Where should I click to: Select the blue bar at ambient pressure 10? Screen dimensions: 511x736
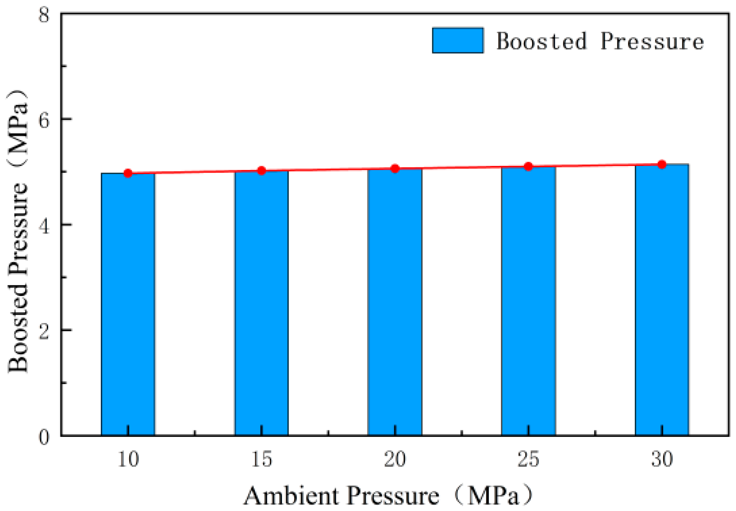pos(128,304)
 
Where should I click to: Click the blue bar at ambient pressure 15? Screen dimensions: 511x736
pos(261,303)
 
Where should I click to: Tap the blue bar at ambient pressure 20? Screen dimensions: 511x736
pos(395,302)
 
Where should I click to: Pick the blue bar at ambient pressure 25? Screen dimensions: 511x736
pos(528,301)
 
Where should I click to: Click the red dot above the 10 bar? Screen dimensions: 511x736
pos(128,173)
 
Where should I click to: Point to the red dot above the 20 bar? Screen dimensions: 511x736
pos(395,169)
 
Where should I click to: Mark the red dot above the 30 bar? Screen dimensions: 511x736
pos(662,165)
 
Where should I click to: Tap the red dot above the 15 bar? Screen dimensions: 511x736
pos(261,171)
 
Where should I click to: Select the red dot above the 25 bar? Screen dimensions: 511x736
pos(528,167)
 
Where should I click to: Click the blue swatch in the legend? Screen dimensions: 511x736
pos(458,40)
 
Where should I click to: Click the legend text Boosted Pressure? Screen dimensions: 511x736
pos(600,41)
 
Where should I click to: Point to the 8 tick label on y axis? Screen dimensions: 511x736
pos(44,15)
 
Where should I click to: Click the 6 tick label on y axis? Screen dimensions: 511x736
pos(44,120)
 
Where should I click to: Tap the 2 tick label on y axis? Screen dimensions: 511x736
pos(44,331)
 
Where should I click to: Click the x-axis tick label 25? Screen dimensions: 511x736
pos(528,459)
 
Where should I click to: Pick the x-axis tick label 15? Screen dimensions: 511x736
pos(261,459)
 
